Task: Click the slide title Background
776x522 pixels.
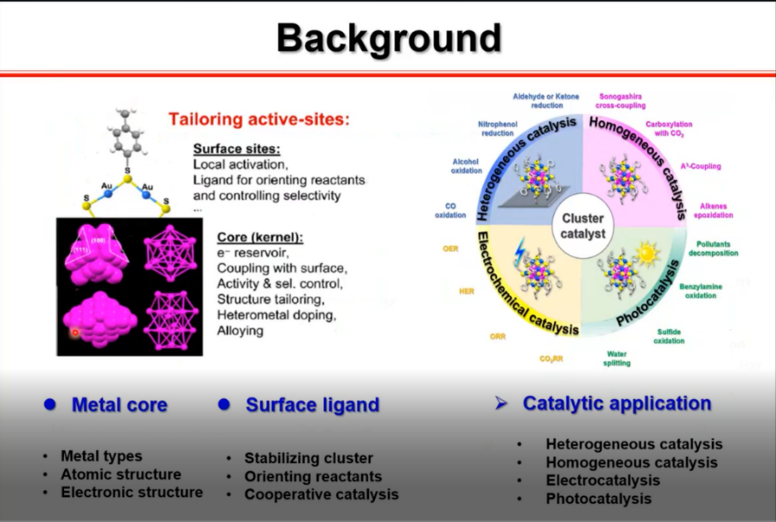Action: pyautogui.click(x=388, y=38)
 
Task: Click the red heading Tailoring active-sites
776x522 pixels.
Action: pyautogui.click(x=259, y=120)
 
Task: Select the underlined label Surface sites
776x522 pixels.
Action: pyautogui.click(x=230, y=148)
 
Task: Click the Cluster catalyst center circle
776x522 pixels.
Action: pyautogui.click(x=582, y=226)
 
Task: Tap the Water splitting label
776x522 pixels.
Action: pyautogui.click(x=618, y=357)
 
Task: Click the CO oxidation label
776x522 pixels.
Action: pyautogui.click(x=451, y=210)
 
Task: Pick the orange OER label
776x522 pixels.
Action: pyautogui.click(x=451, y=249)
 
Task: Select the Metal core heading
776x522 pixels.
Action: pyautogui.click(x=119, y=404)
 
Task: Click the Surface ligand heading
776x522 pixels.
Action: pyautogui.click(x=312, y=405)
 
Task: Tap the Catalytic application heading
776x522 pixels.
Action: pyautogui.click(x=616, y=403)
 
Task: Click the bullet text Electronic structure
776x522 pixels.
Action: pyautogui.click(x=131, y=492)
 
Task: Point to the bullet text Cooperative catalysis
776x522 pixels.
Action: pyautogui.click(x=321, y=494)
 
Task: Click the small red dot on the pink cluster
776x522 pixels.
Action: pyautogui.click(x=74, y=331)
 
